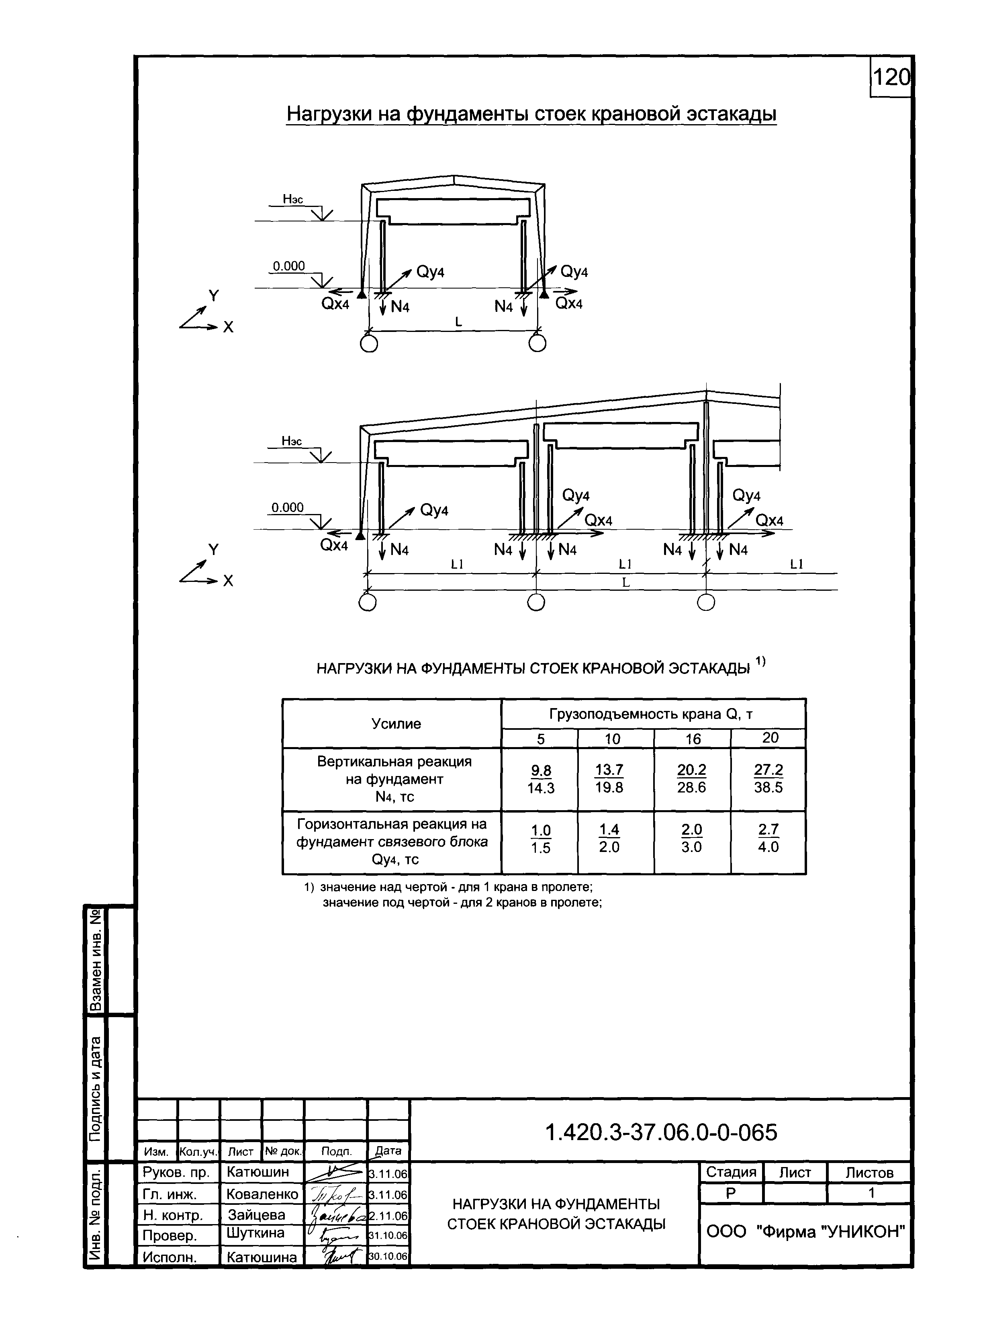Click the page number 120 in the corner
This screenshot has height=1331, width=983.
point(891,78)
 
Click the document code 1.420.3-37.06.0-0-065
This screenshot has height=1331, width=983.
point(660,1132)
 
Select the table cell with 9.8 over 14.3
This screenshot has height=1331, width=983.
point(540,779)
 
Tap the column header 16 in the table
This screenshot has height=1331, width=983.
point(693,739)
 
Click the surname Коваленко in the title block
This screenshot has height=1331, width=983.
point(262,1194)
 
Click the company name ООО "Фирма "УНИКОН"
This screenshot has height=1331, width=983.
point(805,1232)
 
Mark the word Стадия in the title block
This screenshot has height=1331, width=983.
point(731,1172)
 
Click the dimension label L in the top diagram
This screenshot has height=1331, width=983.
point(458,322)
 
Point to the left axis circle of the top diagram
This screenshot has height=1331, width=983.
point(368,344)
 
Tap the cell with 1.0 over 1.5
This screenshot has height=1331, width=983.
point(540,838)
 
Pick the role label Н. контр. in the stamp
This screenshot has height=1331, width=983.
point(173,1214)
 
